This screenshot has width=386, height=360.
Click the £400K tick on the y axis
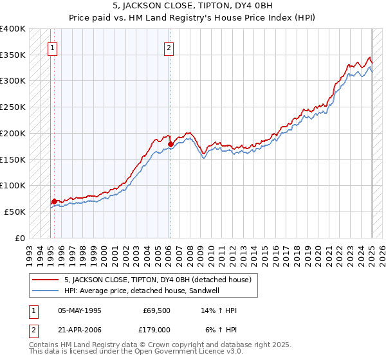(x=13, y=29)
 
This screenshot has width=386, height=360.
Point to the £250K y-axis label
(x=13, y=107)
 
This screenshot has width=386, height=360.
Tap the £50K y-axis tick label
(x=15, y=212)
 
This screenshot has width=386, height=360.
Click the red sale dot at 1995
(x=54, y=201)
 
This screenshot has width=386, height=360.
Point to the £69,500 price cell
(x=157, y=310)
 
